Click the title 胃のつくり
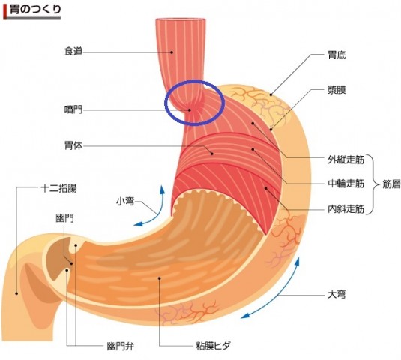pos(35,10)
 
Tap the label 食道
pos(73,52)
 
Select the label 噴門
pos(73,109)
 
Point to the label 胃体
pos(73,145)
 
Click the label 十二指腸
pos(58,188)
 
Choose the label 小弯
pos(125,201)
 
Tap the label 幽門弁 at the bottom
pos(120,346)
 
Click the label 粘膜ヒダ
pos(213,346)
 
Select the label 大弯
pos(337,295)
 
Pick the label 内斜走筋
pos(346,209)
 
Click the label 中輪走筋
pos(346,184)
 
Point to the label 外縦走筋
pos(346,160)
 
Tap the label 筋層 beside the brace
pos(391,184)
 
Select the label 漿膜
pos(337,90)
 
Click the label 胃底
pos(337,55)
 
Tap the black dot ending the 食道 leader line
pos(172,52)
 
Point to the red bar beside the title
pos(5,11)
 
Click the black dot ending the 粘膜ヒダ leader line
pos(160,278)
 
